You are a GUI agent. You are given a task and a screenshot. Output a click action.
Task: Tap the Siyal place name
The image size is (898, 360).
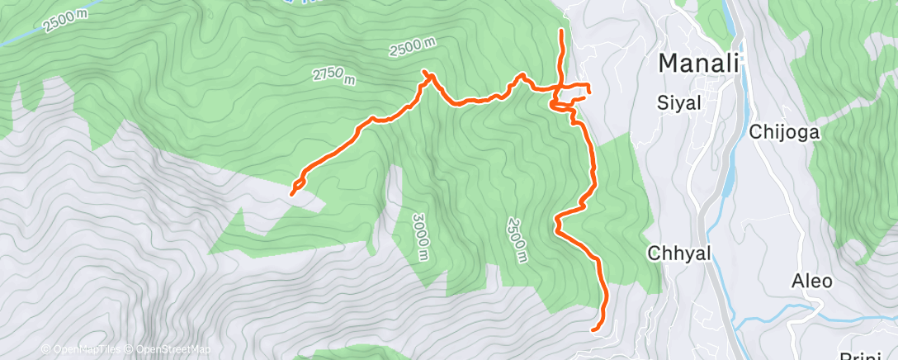tap(678, 103)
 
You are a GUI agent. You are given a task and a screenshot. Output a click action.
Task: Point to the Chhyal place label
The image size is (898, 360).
tap(679, 253)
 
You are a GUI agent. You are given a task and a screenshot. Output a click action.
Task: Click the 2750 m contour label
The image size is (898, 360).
tap(334, 77)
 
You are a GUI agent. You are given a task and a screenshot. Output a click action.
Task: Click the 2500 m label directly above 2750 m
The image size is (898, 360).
tap(414, 48)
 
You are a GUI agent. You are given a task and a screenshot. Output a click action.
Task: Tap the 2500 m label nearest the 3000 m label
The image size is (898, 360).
tap(518, 240)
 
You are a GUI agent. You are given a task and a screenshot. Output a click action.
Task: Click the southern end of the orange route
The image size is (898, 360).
tap(595, 329)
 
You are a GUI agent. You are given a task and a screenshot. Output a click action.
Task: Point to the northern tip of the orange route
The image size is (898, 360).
tap(562, 31)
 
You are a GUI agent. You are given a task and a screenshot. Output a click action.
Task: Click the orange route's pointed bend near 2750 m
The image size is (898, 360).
tap(427, 73)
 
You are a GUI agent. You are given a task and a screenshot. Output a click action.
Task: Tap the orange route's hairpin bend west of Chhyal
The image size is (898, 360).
tap(556, 223)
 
